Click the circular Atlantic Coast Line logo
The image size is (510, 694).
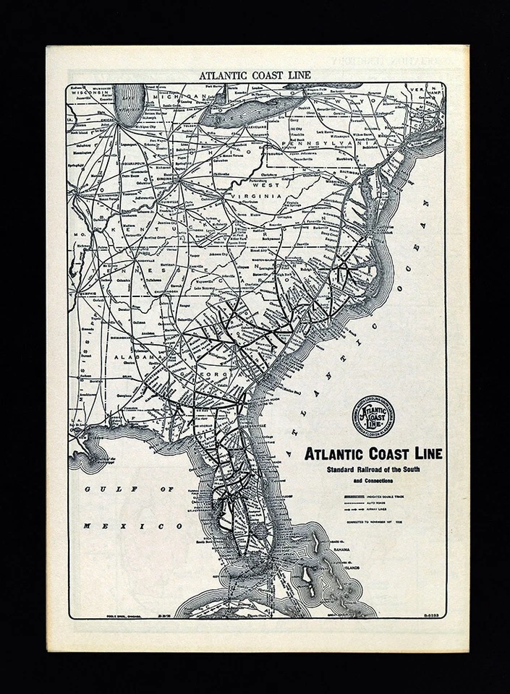click(x=373, y=417)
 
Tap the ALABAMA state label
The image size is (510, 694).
click(x=135, y=358)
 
